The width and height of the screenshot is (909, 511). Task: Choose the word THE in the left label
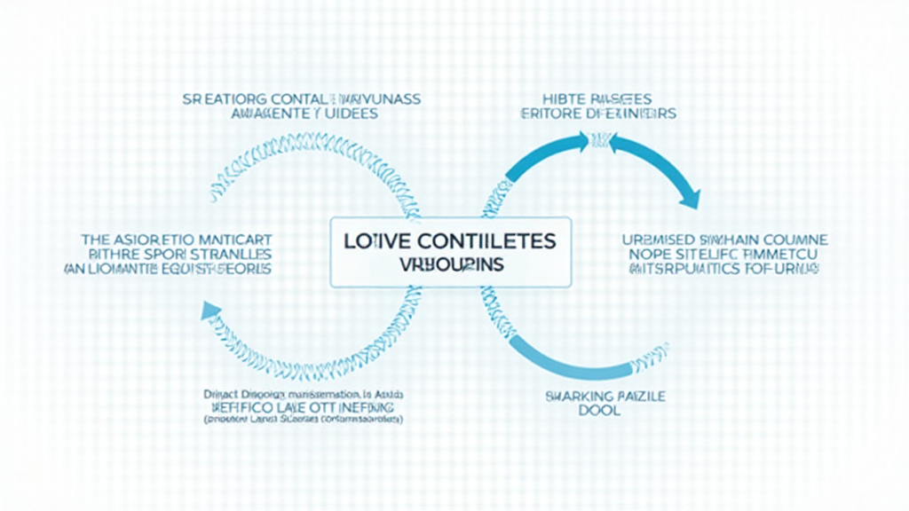coord(95,240)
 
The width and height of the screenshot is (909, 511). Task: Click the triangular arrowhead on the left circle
coord(211,310)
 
